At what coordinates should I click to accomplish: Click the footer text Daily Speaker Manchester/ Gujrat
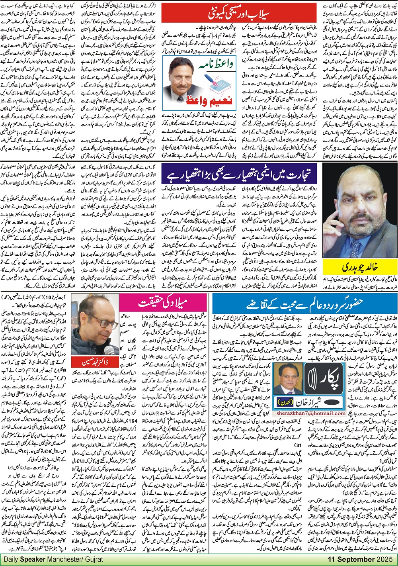[x=53, y=559]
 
